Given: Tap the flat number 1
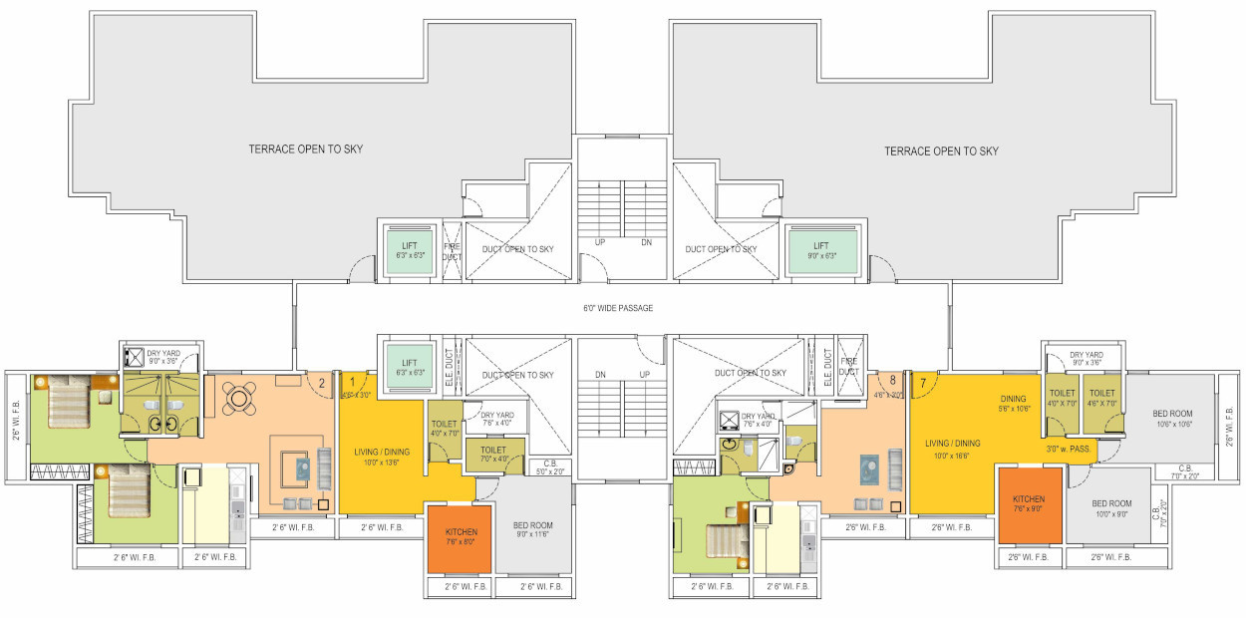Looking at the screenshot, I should click(x=351, y=380).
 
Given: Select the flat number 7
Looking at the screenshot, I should click(x=923, y=382).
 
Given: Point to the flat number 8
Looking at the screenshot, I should click(x=892, y=380).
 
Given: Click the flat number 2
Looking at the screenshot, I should click(x=322, y=380).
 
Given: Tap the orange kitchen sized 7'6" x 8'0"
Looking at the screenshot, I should click(x=460, y=538).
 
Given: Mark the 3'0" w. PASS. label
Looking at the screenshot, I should click(x=1067, y=450).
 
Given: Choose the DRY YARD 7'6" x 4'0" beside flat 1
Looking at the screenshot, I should click(x=496, y=419).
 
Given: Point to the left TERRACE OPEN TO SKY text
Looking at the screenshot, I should click(x=305, y=150).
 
